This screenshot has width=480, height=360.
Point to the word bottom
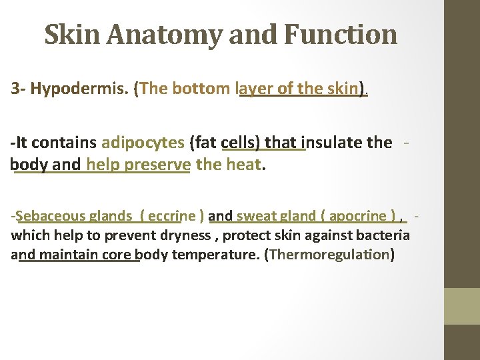pos(200,89)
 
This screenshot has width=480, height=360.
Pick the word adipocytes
pos(143,142)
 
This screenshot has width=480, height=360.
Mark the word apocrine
pos(357,215)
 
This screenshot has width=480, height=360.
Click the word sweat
pos(253,215)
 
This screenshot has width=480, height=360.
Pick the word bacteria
pos(385,235)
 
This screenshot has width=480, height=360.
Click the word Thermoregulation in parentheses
pos(329,254)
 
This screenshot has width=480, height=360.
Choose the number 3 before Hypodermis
pos(15,89)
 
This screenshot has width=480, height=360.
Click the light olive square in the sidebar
pos(461,306)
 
